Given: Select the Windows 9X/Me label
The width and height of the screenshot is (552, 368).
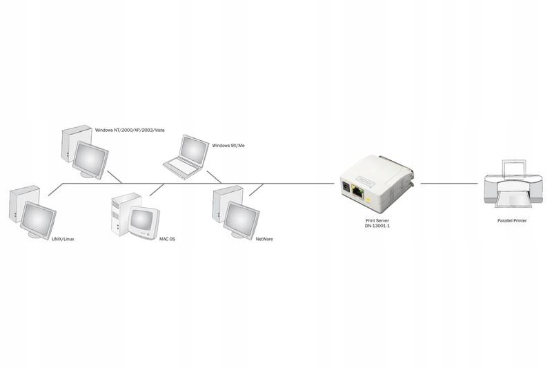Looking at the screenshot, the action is [x=229, y=145].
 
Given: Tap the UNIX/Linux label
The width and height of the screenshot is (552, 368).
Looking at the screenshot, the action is [x=62, y=238].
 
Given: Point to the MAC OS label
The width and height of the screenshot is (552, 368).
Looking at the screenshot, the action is [x=167, y=238].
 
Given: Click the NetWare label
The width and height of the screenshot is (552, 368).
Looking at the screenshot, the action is [x=264, y=238].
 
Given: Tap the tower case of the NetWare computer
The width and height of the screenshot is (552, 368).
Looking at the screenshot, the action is [x=221, y=204].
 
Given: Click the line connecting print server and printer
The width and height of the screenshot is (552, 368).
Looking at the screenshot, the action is [x=448, y=184].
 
